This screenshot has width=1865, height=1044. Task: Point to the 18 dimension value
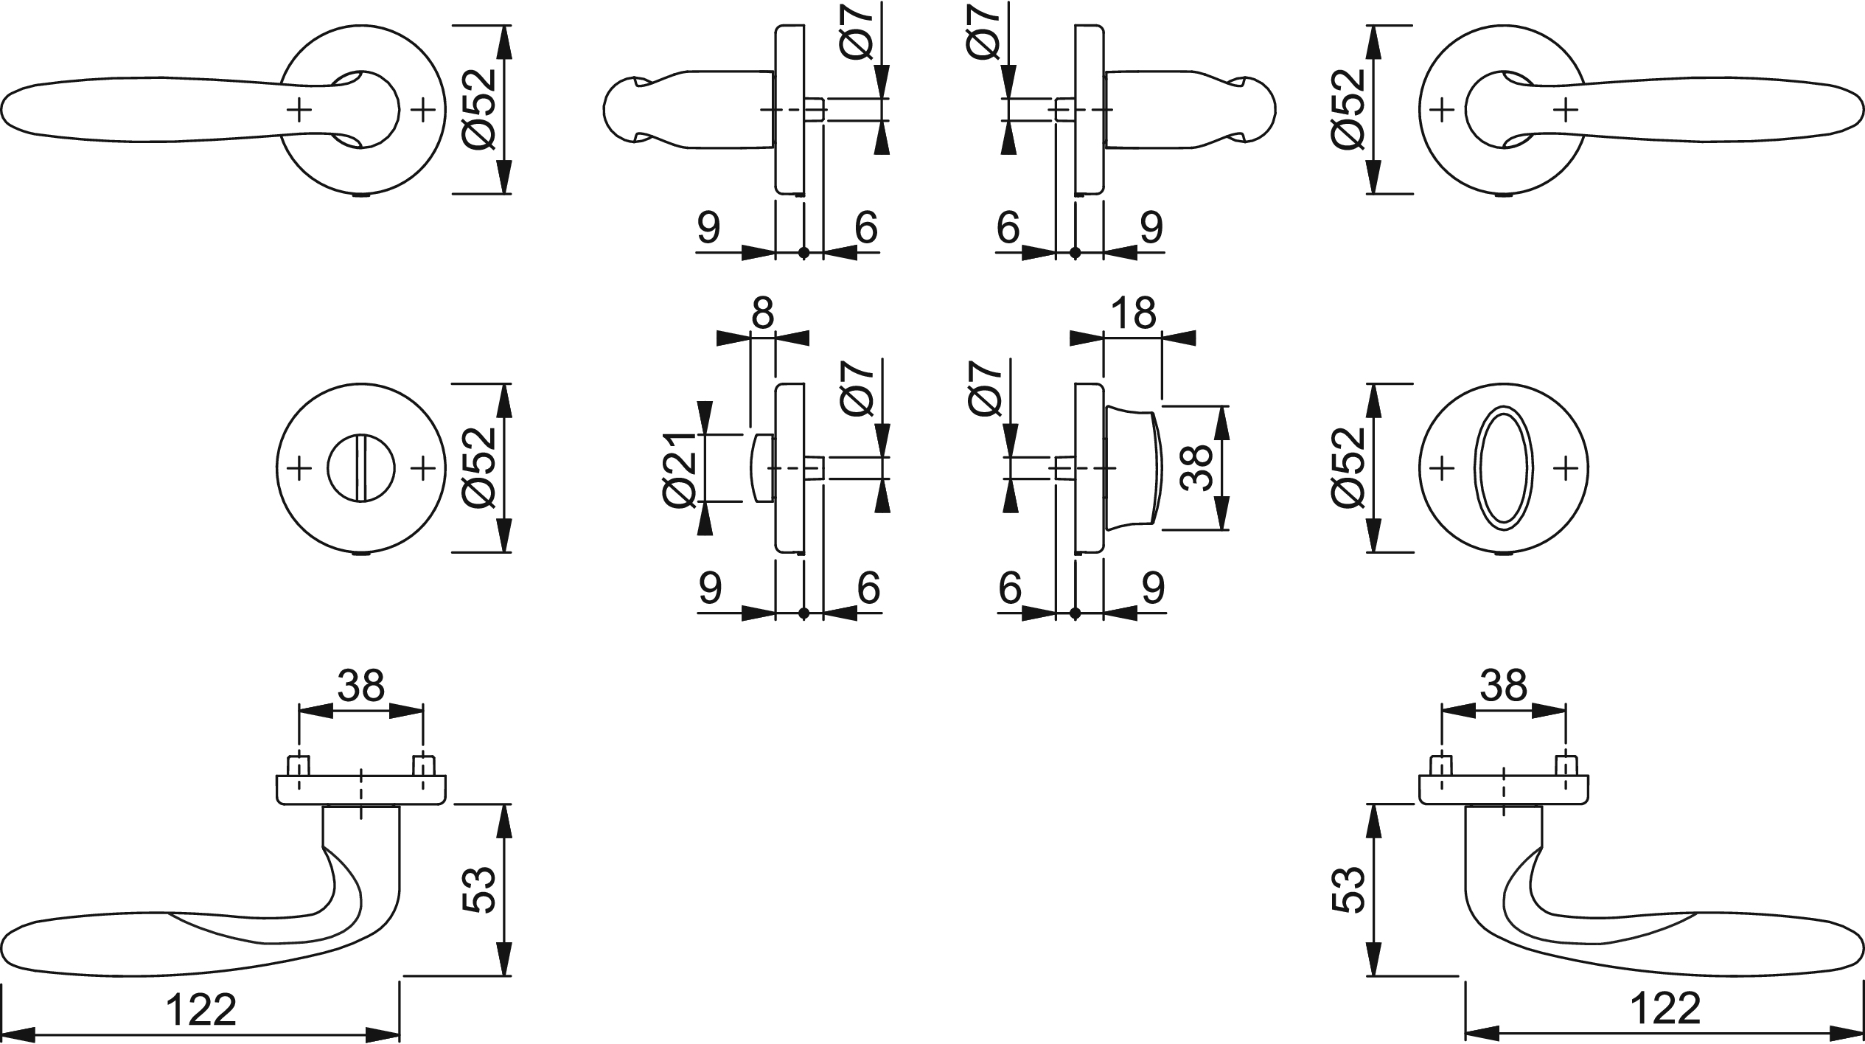[1133, 313]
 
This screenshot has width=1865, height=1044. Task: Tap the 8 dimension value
[762, 313]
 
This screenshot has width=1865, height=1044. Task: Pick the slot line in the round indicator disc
[360, 467]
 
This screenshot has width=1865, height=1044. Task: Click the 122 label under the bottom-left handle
[201, 1009]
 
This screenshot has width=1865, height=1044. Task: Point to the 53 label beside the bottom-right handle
[1349, 890]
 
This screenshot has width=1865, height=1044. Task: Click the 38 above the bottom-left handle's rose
[361, 686]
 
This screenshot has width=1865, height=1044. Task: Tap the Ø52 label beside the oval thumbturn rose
[1349, 467]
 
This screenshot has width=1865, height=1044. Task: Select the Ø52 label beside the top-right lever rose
[1349, 109]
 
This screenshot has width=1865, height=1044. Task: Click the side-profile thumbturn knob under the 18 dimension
[1132, 467]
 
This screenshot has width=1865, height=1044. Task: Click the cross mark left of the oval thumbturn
[1441, 467]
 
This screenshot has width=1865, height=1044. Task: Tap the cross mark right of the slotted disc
[422, 467]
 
